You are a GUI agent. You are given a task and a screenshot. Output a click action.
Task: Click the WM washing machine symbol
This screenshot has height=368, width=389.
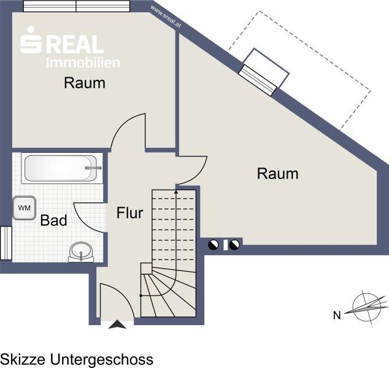click(x=24, y=208)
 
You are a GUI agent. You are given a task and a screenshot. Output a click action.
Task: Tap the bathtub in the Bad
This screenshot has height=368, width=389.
click(x=62, y=168)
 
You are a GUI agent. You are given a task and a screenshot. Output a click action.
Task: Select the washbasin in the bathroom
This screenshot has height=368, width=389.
click(x=81, y=251)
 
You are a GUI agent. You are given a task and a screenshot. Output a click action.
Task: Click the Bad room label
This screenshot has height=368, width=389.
click(x=53, y=220)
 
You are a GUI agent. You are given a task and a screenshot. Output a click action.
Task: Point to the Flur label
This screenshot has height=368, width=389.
click(x=129, y=213)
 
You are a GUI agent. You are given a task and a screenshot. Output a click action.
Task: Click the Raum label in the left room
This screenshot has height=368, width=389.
click(x=85, y=83)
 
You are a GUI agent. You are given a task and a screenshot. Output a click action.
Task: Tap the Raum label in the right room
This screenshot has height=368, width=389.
click(x=277, y=174)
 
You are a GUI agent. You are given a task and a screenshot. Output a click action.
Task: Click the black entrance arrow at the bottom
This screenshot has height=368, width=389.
click(x=117, y=324)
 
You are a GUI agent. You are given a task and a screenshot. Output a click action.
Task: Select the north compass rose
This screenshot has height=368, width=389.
click(x=367, y=307)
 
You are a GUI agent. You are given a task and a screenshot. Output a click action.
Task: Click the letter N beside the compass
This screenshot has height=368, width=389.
click(x=337, y=315)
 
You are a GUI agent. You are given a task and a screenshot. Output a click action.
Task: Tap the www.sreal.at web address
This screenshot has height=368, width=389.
click(x=166, y=17)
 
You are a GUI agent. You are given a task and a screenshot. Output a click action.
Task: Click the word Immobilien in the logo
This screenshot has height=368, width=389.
click(x=83, y=63)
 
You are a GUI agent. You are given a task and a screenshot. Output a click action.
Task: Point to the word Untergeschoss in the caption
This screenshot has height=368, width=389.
click(x=102, y=359)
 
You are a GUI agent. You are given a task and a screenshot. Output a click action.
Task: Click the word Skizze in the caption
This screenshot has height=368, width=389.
click(x=23, y=359)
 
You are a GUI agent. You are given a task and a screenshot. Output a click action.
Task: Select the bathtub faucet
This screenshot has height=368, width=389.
click(x=93, y=168)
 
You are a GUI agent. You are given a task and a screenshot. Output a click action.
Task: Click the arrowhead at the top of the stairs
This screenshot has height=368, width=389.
click(x=176, y=191)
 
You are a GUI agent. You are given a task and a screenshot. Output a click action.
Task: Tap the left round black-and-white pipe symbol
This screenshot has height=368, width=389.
click(x=213, y=245)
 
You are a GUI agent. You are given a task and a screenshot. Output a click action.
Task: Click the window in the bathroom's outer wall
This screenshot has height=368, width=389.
click(x=6, y=243)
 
